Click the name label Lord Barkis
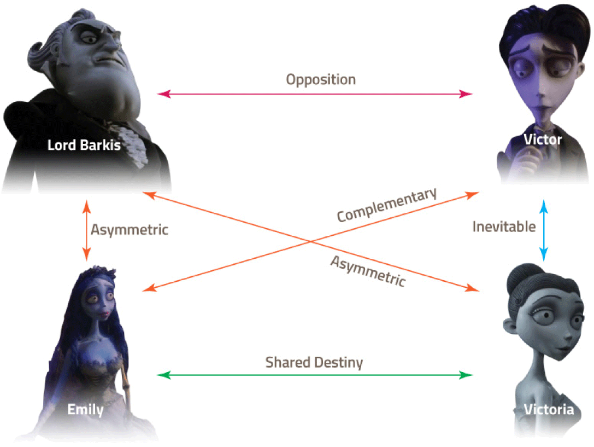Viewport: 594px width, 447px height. click(x=84, y=145)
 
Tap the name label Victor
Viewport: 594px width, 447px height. click(x=543, y=140)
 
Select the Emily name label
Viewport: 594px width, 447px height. click(x=85, y=410)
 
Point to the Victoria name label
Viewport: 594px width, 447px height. click(x=549, y=409)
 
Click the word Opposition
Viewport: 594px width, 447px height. click(x=321, y=80)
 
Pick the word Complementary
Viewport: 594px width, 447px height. click(x=386, y=205)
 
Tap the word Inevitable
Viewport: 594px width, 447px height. click(x=504, y=227)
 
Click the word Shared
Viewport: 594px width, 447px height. click(x=287, y=362)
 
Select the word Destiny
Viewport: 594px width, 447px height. click(x=338, y=363)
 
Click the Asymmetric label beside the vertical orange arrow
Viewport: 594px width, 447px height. click(x=129, y=230)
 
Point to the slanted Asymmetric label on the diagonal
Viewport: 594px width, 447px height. click(x=368, y=271)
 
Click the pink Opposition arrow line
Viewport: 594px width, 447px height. click(x=314, y=94)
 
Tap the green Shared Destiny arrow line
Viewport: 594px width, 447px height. click(x=314, y=375)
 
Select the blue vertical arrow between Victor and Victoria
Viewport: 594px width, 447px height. click(x=544, y=230)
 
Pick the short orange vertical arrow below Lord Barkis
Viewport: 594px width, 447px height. click(x=86, y=230)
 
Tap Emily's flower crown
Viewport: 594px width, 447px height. click(x=97, y=273)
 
